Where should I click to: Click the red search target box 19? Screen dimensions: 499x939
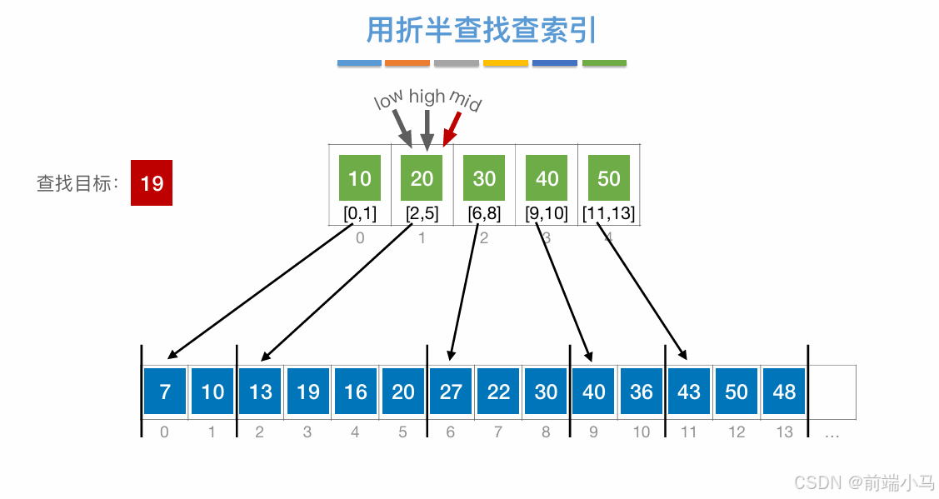tap(152, 182)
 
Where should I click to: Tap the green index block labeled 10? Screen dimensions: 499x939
tap(360, 178)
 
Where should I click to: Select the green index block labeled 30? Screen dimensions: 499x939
tap(484, 178)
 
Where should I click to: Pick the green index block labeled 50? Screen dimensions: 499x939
tap(609, 178)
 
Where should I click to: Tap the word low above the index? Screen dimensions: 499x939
tap(388, 100)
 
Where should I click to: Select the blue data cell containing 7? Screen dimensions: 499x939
tap(165, 392)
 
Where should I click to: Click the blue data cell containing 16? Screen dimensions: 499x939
tap(356, 392)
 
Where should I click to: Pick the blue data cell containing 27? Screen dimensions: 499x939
tap(451, 392)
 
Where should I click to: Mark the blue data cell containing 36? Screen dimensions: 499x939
tap(642, 392)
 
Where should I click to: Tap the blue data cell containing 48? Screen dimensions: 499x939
tap(784, 392)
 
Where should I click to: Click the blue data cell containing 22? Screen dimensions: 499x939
tap(498, 392)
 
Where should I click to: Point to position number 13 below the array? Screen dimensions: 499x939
tap(784, 432)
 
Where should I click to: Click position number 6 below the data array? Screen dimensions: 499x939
tap(451, 432)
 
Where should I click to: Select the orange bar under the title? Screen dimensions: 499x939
tap(407, 63)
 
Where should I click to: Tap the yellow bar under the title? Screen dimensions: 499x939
tap(506, 63)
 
